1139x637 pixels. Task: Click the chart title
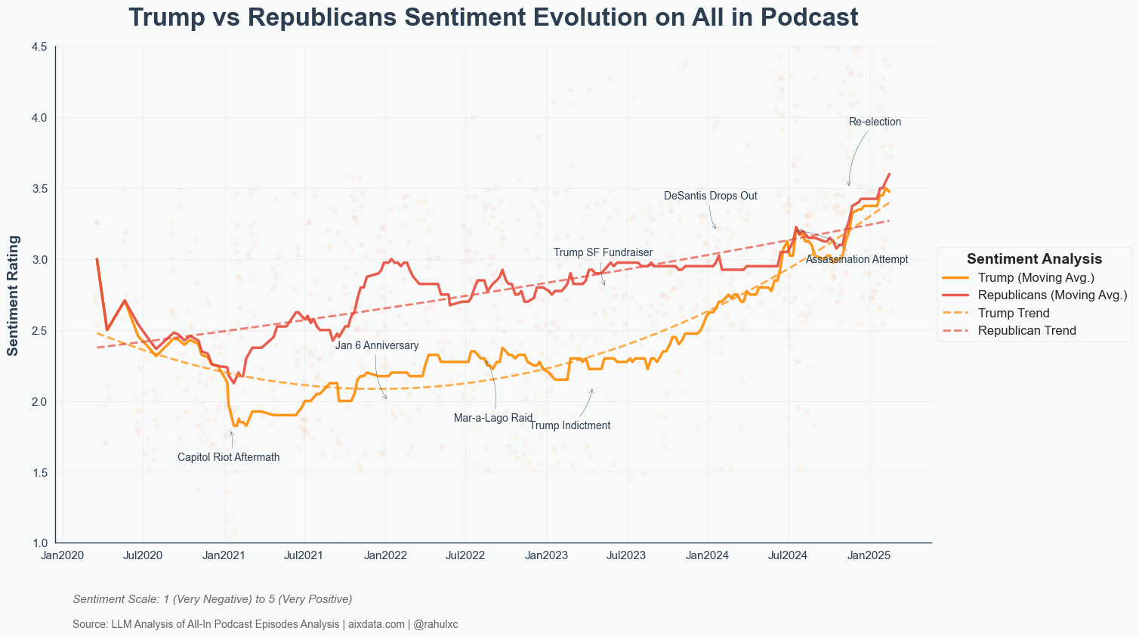(x=493, y=17)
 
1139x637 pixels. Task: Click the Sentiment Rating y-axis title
(x=13, y=295)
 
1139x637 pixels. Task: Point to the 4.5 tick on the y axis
(x=39, y=47)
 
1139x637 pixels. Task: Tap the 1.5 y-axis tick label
(x=39, y=472)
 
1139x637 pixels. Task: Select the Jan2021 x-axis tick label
(x=224, y=555)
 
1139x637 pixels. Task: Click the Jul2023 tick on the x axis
(x=626, y=555)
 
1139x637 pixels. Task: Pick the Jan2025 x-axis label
(x=869, y=555)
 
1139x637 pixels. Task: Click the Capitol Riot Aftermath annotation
(x=228, y=457)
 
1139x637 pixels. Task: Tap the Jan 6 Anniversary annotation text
(x=377, y=345)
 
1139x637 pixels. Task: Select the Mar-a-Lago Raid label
(x=493, y=418)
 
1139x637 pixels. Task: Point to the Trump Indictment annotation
(x=569, y=425)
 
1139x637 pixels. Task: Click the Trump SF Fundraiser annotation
(x=603, y=252)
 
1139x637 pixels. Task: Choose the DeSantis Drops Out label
(x=710, y=196)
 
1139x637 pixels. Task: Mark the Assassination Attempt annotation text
(x=857, y=259)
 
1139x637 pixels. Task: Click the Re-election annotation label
(x=875, y=122)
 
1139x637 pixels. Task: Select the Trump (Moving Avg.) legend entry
(x=1036, y=277)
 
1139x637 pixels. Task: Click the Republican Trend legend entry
(x=1026, y=330)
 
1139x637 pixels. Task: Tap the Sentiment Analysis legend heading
(x=1034, y=259)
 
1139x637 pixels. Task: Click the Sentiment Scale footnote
(x=212, y=599)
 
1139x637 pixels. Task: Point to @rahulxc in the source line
(x=436, y=624)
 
